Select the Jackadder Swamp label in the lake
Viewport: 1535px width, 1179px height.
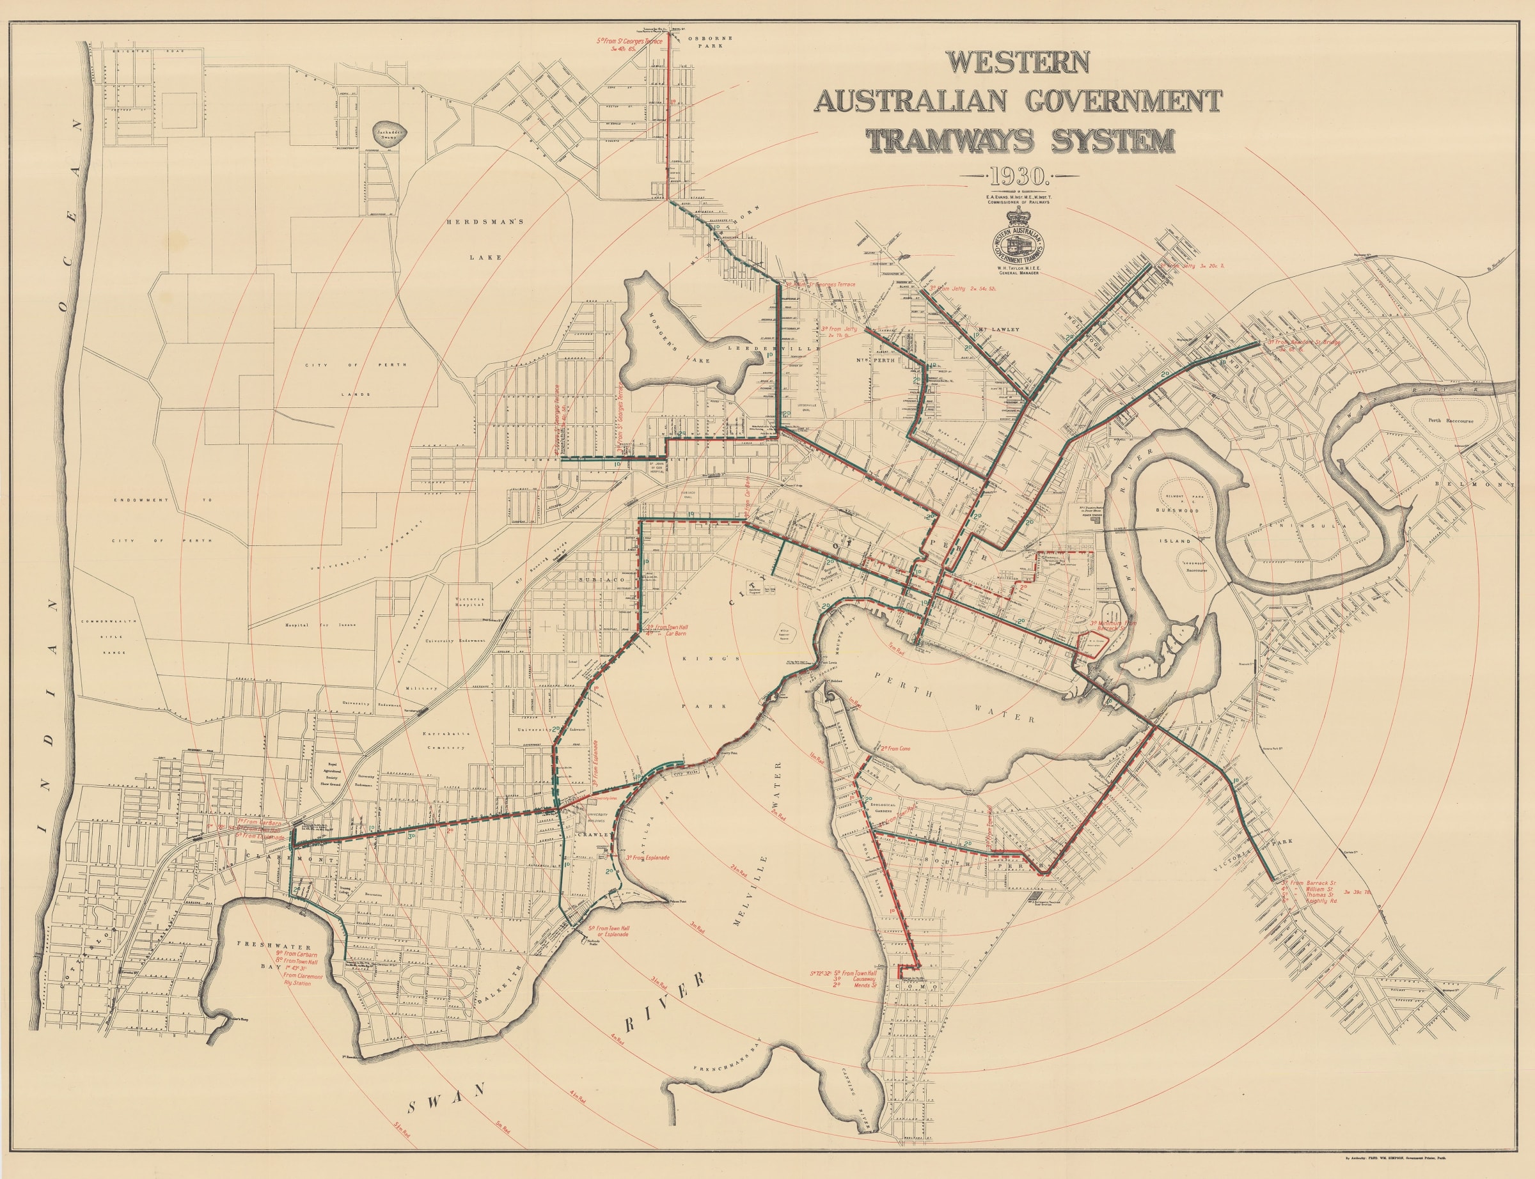tap(387, 134)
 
